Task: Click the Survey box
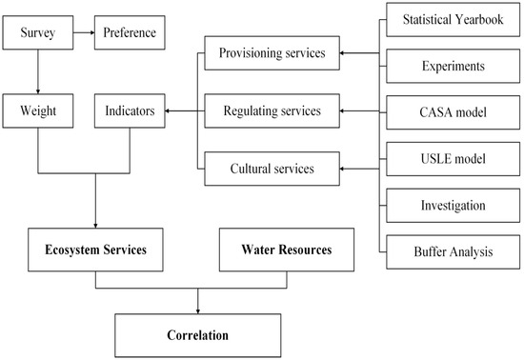[x=35, y=37]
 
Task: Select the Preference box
[x=130, y=37]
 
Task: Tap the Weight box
[x=35, y=112]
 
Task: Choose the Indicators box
[x=130, y=112]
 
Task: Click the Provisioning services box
[x=272, y=53]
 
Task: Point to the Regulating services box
[x=272, y=112]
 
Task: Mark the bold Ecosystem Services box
[x=95, y=250]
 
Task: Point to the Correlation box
[x=198, y=335]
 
